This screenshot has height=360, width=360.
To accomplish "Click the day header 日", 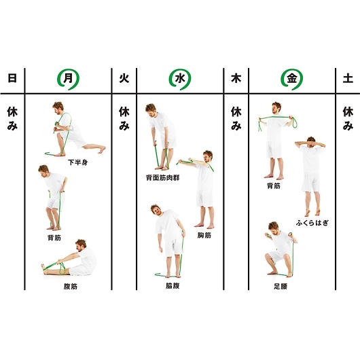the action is pyautogui.click(x=12, y=78).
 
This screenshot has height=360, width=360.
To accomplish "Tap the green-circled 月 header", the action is pyautogui.click(x=68, y=79).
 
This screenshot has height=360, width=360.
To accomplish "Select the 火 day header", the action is pyautogui.click(x=124, y=78).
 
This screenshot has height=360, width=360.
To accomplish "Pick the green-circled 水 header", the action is pyautogui.click(x=180, y=79).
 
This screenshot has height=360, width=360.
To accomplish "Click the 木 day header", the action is pyautogui.click(x=236, y=78).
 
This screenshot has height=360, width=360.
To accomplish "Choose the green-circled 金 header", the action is pyautogui.click(x=292, y=79).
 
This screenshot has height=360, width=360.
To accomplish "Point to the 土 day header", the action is pyautogui.click(x=348, y=78).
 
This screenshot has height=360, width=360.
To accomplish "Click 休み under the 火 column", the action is pyautogui.click(x=124, y=118).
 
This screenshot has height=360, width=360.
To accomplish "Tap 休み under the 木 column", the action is pyautogui.click(x=236, y=118).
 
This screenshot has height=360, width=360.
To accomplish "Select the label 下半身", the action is pyautogui.click(x=78, y=162).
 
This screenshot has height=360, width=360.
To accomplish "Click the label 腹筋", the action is pyautogui.click(x=70, y=287).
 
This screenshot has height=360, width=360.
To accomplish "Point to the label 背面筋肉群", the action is pyautogui.click(x=162, y=178).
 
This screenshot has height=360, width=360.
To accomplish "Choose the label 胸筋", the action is pyautogui.click(x=204, y=235).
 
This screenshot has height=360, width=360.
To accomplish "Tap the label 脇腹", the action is pyautogui.click(x=173, y=286).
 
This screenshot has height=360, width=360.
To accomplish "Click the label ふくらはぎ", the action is pyautogui.click(x=312, y=223).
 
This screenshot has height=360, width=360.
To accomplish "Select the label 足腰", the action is pyautogui.click(x=281, y=287).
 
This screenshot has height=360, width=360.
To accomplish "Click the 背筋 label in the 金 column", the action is pyautogui.click(x=274, y=185).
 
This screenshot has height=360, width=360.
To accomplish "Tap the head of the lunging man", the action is pyautogui.click(x=58, y=108).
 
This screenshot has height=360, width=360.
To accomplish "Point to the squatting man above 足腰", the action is pyautogui.click(x=281, y=249).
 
